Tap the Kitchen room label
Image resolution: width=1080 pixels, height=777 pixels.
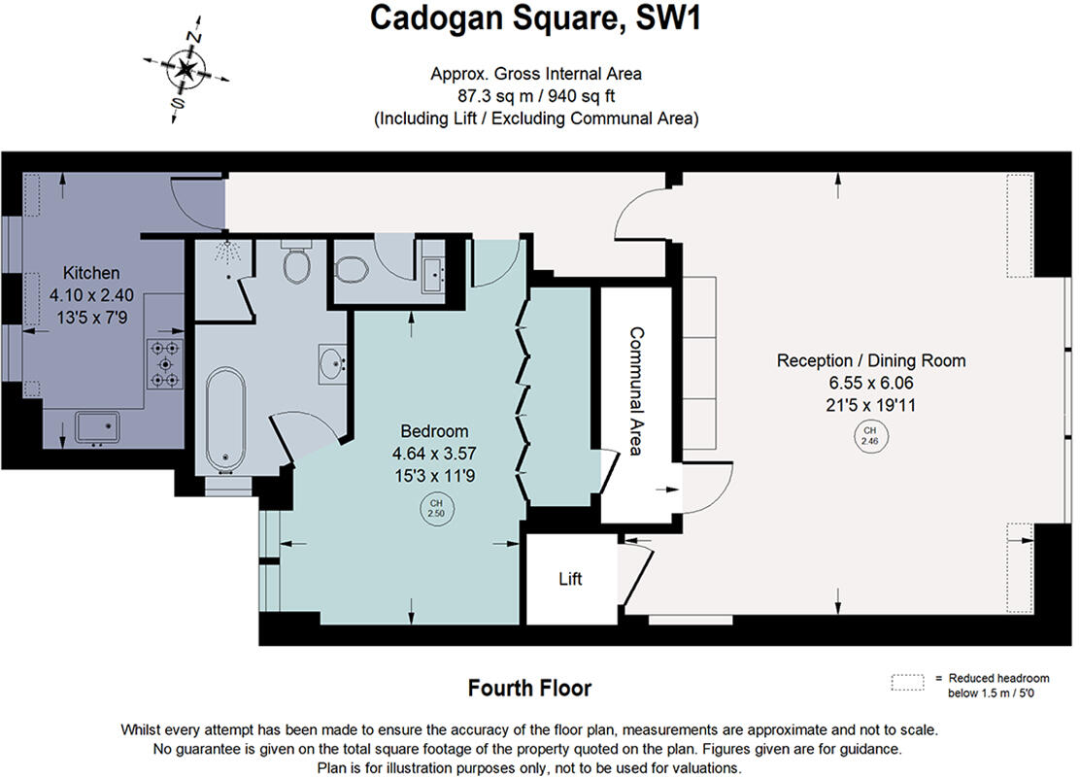click(91, 273)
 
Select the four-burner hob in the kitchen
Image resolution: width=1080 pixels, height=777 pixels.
click(165, 363)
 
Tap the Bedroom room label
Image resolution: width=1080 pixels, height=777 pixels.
click(435, 431)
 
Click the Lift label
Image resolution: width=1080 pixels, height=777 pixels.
click(570, 580)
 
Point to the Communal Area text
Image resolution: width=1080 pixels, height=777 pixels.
click(636, 390)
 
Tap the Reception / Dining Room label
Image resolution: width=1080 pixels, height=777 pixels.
click(871, 360)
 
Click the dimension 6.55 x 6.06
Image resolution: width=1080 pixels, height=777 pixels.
click(871, 384)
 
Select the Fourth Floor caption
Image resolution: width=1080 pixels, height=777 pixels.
click(529, 689)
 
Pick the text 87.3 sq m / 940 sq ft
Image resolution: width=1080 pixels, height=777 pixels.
click(536, 96)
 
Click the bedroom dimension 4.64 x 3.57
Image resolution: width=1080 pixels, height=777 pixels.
click(435, 453)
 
